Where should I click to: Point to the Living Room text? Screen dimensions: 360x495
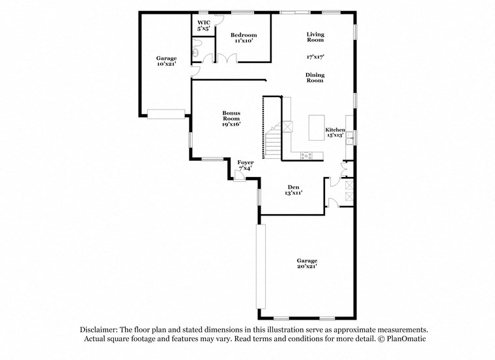[x=315, y=37]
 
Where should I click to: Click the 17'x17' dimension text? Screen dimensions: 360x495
[x=315, y=57]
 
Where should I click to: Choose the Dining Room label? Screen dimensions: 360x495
[x=315, y=77]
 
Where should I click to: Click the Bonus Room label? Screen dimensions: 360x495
[x=231, y=118]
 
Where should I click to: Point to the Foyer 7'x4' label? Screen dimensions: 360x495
[x=245, y=165]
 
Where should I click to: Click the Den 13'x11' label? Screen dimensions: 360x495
[x=293, y=189]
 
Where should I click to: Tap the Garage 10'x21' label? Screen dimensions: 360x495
[x=166, y=61]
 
